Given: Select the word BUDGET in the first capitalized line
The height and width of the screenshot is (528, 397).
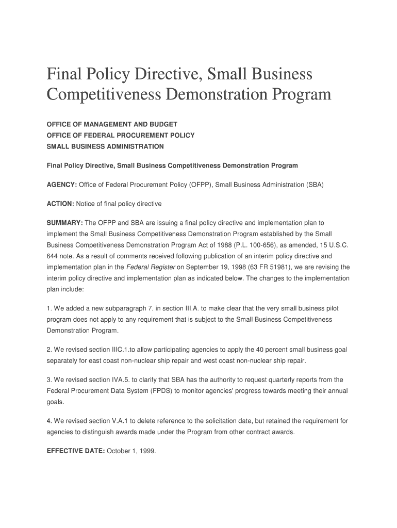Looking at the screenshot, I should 162,124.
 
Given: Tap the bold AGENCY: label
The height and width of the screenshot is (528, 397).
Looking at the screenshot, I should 61,185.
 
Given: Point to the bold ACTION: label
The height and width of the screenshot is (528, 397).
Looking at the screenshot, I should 60,204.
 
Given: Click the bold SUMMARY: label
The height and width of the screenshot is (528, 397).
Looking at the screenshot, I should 64,223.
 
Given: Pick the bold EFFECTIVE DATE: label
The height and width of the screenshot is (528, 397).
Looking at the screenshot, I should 76,451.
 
